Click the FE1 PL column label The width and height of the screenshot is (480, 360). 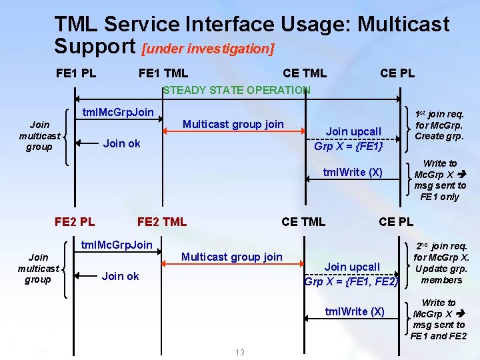[76, 73]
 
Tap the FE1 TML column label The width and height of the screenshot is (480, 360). [163, 73]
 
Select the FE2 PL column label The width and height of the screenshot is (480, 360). [74, 221]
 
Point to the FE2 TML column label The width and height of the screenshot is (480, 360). [162, 221]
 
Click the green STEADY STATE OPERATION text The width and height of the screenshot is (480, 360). [237, 90]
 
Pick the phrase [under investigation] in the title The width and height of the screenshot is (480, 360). [208, 49]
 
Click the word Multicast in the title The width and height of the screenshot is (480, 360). [404, 25]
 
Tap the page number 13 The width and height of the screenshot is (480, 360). [240, 352]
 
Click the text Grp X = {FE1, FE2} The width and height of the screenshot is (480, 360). [351, 281]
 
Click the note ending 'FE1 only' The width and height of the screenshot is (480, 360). [440, 180]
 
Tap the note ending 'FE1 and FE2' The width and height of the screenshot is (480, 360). [439, 319]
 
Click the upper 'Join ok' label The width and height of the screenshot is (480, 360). [121, 143]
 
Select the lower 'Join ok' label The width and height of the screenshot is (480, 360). [121, 276]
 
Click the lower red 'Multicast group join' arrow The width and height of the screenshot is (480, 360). [233, 266]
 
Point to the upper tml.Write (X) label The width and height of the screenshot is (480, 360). [353, 172]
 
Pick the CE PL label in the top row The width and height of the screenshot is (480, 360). [397, 73]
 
